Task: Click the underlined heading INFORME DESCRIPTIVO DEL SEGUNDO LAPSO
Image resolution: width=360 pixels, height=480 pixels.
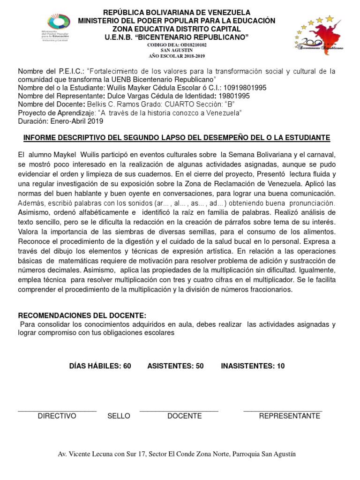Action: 177,138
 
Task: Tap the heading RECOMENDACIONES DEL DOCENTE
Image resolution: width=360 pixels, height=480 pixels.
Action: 82,315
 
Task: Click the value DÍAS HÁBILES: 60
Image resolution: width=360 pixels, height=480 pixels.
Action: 100,366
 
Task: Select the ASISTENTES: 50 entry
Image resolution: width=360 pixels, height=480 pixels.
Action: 175,366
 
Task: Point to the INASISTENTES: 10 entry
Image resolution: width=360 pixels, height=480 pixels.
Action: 253,366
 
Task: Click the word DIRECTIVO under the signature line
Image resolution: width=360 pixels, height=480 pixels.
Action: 57,416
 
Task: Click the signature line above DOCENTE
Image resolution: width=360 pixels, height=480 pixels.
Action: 179,411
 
